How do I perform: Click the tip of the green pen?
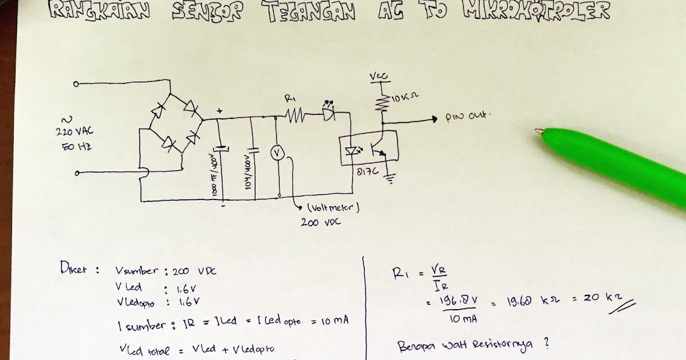tap(539, 132)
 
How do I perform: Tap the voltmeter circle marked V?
tap(277, 152)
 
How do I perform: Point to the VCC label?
tap(377, 76)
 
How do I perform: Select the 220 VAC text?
tap(74, 133)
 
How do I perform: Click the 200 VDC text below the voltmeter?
tap(321, 222)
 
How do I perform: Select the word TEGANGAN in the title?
tap(310, 11)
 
